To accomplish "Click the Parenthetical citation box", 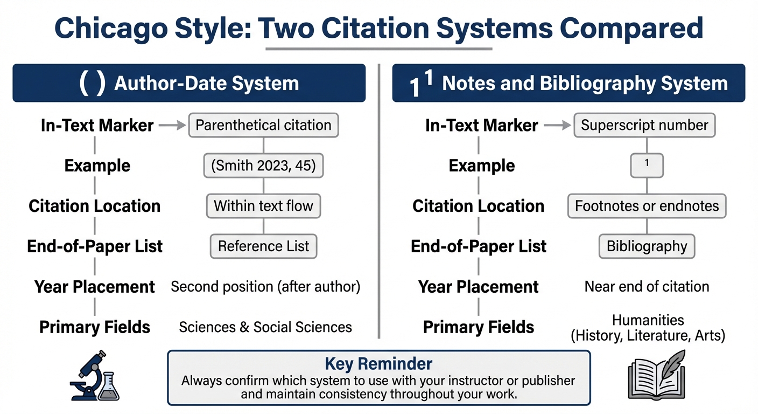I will click(x=263, y=125).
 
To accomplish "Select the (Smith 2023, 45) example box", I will click(x=263, y=165).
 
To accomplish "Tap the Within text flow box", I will click(x=263, y=206).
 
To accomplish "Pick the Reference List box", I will click(x=263, y=246).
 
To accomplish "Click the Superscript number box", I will click(x=644, y=125).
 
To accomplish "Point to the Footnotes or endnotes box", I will click(x=647, y=206).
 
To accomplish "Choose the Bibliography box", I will click(x=647, y=246).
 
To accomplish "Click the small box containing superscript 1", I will click(x=647, y=165).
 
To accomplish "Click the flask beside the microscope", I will click(x=110, y=387).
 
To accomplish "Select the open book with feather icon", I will click(x=656, y=376).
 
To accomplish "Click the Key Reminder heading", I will click(x=378, y=363).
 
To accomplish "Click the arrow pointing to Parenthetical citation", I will click(x=172, y=126).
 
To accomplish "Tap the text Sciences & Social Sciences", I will click(x=265, y=327).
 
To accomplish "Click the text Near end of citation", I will click(x=647, y=287).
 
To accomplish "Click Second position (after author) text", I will click(x=265, y=287).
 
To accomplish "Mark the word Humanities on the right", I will click(x=648, y=320).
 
